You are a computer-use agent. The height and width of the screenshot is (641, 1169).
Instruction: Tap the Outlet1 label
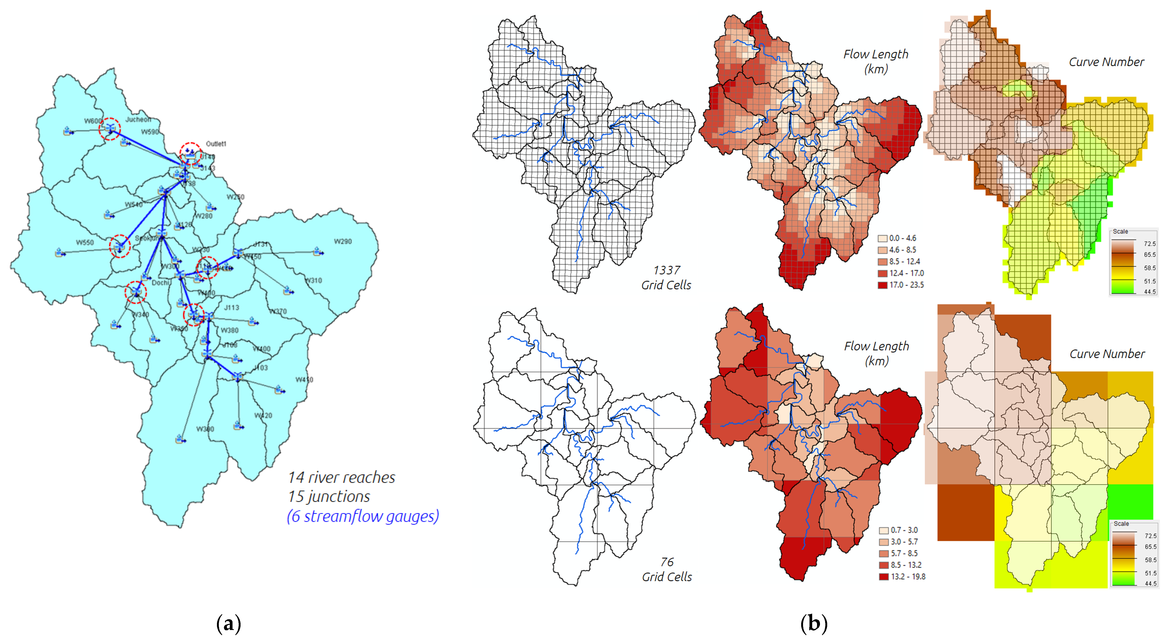pos(216,144)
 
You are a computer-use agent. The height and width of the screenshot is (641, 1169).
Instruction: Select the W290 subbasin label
pos(343,241)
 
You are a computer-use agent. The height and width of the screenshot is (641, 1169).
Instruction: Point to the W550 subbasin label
pos(85,242)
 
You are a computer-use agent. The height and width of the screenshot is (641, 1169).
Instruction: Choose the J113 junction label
pos(231,308)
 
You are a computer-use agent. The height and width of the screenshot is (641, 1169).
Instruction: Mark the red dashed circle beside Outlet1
pos(191,153)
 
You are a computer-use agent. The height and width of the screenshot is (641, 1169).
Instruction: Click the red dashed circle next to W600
pos(110,129)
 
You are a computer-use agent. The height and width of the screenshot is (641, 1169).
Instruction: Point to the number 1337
pos(666,270)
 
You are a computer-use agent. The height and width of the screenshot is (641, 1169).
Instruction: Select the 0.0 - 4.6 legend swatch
pos(883,238)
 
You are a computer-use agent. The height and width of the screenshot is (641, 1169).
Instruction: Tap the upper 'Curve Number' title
pos(1106,62)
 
